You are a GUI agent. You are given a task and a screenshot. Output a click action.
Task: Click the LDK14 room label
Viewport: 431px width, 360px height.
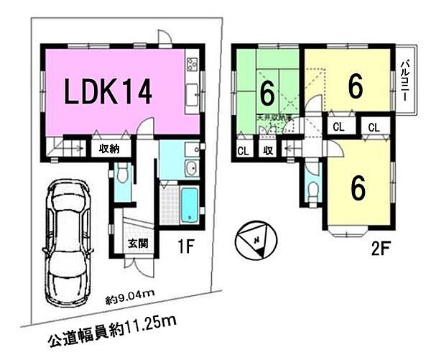tap(110, 93)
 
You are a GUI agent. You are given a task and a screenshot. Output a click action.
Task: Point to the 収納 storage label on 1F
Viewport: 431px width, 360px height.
tap(111, 149)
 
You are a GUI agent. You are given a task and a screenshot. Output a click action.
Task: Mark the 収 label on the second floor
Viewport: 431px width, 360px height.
tap(267, 151)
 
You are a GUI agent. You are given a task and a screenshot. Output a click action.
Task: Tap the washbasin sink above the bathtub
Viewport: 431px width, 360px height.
tap(190, 170)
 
